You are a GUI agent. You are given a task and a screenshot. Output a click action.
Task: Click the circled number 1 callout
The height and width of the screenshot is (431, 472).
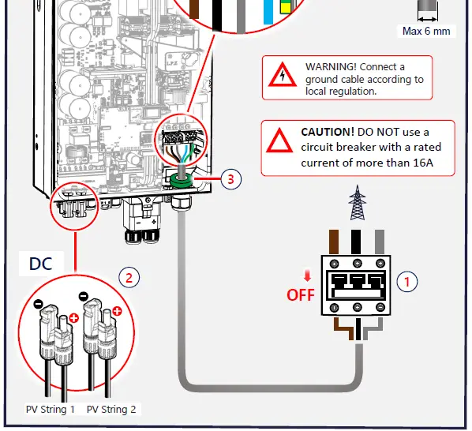[407, 280]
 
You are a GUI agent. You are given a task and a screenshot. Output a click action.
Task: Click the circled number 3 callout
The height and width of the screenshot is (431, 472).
[230, 178]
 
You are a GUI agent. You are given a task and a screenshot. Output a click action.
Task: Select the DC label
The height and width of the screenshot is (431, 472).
[40, 263]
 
